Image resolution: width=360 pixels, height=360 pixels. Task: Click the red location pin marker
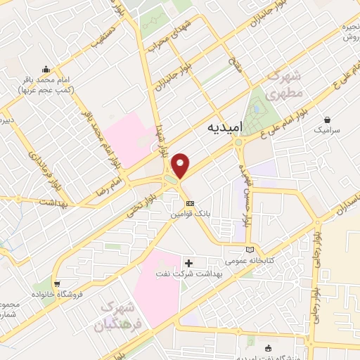[x=181, y=165]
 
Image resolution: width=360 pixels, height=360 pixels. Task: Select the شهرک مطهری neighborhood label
[x=288, y=84]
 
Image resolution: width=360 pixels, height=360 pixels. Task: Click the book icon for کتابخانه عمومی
[x=251, y=248]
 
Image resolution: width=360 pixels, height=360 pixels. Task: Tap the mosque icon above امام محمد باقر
[x=46, y=70]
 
